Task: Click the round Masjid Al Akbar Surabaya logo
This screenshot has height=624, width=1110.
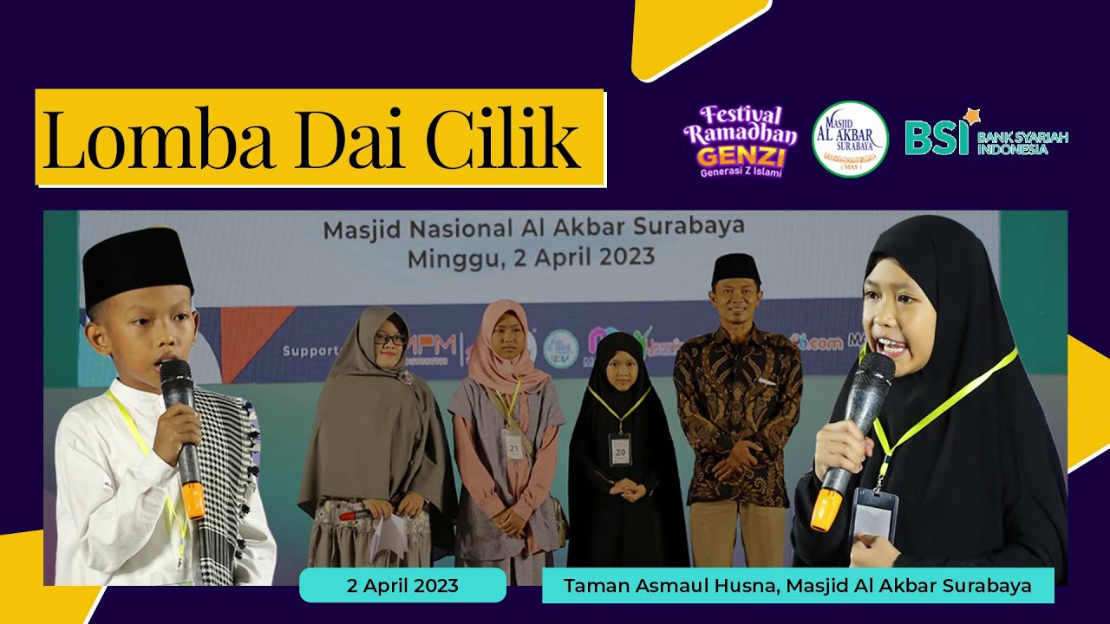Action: click(x=849, y=140)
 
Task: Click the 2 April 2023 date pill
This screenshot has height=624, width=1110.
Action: click(x=402, y=586)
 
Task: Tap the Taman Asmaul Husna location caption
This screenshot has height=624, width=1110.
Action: click(x=797, y=586)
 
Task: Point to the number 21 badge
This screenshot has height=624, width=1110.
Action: click(x=514, y=445)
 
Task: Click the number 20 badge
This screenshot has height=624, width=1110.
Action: click(x=619, y=450)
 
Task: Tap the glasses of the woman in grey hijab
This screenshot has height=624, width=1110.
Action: click(x=389, y=339)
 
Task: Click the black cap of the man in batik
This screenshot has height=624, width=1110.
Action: click(x=735, y=269)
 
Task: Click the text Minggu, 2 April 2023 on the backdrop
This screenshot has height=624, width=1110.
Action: click(x=531, y=257)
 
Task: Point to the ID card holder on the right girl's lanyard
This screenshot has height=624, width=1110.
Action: click(x=872, y=515)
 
